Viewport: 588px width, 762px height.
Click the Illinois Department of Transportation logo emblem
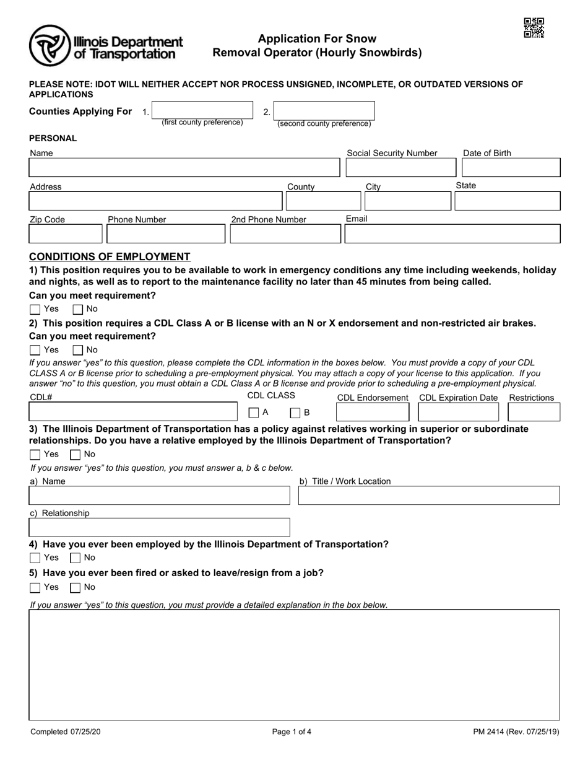(50, 45)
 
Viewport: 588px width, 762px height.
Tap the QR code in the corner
(534, 28)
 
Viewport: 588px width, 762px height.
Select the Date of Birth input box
(511, 168)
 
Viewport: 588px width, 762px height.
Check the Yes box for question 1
(35, 309)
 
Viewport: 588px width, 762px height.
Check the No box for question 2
(78, 350)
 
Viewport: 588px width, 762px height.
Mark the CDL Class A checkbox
(254, 413)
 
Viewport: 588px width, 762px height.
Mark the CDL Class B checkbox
(295, 413)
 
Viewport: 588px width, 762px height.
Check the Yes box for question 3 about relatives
(35, 455)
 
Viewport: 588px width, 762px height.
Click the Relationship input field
(159, 527)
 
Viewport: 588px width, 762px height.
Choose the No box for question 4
(76, 558)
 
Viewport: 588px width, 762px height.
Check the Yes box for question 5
(35, 587)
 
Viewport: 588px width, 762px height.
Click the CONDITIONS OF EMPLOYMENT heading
(110, 256)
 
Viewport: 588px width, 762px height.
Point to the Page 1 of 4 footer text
(292, 732)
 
